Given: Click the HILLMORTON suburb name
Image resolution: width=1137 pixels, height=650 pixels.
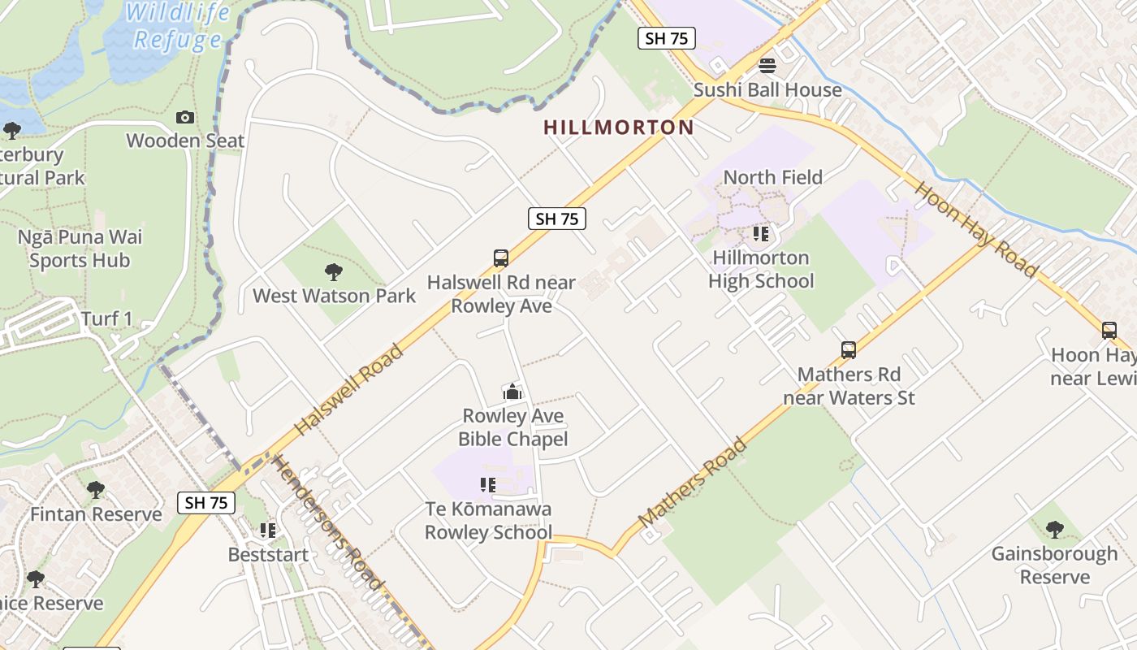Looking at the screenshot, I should coord(618,128).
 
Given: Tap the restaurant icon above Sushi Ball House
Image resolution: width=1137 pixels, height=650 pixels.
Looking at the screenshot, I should coord(767,65).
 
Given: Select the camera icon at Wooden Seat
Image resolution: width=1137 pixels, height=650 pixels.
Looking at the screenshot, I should coord(185,117).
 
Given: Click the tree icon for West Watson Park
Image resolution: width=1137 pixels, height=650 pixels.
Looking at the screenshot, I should coord(333,271).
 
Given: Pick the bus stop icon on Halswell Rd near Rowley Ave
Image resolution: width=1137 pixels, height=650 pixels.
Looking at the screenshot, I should coord(501,258).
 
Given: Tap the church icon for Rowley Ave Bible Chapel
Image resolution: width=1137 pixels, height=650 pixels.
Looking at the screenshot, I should coord(512,392).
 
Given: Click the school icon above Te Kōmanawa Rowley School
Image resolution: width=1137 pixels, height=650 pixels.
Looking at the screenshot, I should coord(488,485).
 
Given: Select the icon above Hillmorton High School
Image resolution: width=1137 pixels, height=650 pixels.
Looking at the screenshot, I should coord(760,234).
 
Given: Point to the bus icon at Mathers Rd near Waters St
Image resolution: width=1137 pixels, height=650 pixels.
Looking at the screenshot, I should coord(849,350).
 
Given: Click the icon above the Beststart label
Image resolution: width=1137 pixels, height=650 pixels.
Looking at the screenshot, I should coord(267,531).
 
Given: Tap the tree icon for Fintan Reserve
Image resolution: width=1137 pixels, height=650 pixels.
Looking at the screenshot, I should coord(96,490).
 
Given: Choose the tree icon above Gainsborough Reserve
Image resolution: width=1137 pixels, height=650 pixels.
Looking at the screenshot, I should coord(1054,530).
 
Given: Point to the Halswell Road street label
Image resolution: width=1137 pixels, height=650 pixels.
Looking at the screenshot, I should coord(348,390).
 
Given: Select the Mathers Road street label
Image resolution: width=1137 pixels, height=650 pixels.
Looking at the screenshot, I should coord(693,483).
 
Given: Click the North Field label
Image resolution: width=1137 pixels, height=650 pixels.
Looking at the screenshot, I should coord(772,177).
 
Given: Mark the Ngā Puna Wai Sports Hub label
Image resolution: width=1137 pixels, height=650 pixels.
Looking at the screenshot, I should coord(80,249).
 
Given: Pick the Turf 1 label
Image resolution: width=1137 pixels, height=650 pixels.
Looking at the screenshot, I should coord(106,318).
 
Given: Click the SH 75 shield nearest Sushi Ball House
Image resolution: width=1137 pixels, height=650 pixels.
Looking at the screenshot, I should coord(666,38).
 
